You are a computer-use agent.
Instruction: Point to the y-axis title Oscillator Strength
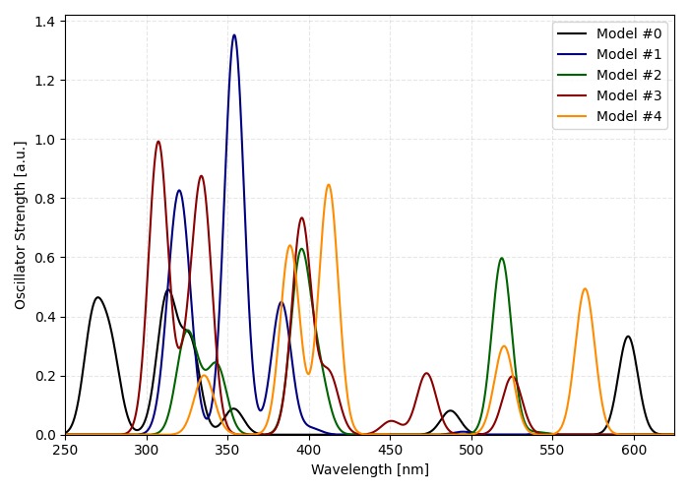pyautogui.click(x=21, y=224)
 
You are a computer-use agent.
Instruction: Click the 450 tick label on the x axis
pyautogui.click(x=391, y=451)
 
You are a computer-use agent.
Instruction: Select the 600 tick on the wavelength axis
pyautogui.click(x=635, y=451)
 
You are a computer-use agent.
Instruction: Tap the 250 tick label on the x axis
pyautogui.click(x=65, y=451)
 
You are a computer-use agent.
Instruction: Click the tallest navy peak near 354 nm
pyautogui.click(x=234, y=35)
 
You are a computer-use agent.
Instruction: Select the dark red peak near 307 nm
pyautogui.click(x=157, y=142)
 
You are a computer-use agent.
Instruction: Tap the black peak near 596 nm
pyautogui.click(x=628, y=337)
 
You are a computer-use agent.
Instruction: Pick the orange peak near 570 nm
pyautogui.click(x=585, y=289)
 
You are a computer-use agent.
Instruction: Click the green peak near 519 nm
pyautogui.click(x=502, y=259)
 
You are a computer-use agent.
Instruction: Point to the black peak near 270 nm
pyautogui.click(x=97, y=297)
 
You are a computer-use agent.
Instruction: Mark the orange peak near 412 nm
pyautogui.click(x=329, y=185)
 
